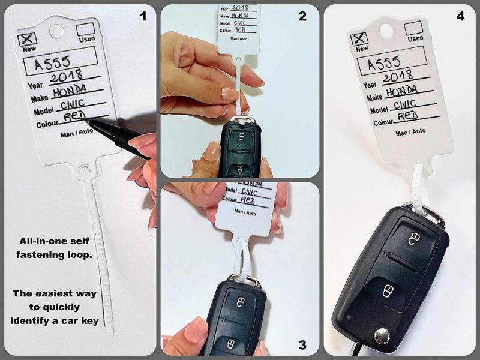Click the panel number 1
(143, 16)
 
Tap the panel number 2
(302, 16)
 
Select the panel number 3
(302, 344)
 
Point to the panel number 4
(460, 16)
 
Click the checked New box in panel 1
(26, 39)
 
